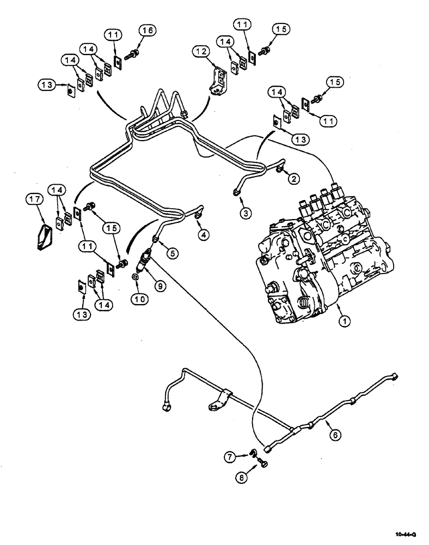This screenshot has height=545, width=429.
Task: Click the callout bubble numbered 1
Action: [x=344, y=322]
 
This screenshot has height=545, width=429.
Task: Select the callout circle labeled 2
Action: [x=293, y=178]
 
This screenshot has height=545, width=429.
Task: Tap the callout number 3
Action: [x=247, y=213]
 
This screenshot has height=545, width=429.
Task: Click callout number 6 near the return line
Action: [x=336, y=434]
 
